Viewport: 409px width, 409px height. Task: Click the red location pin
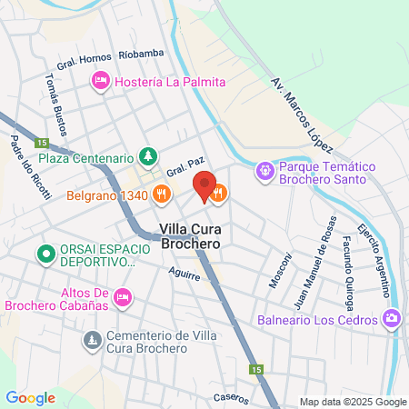[x=204, y=186]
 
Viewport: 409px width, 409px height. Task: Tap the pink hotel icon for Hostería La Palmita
[x=100, y=83]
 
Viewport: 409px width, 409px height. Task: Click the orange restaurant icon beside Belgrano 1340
[x=161, y=193]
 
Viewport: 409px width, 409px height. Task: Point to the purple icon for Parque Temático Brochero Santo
[x=264, y=168]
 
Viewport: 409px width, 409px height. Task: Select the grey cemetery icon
[x=92, y=340]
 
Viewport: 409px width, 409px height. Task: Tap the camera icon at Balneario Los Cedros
[x=392, y=319]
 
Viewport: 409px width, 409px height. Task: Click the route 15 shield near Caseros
[x=257, y=370]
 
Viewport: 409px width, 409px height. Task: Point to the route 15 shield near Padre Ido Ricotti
[x=40, y=142]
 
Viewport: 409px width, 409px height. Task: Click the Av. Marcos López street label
[x=303, y=115]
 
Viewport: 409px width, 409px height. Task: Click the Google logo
[x=30, y=397]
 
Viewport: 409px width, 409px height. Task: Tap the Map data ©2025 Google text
[x=354, y=402]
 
